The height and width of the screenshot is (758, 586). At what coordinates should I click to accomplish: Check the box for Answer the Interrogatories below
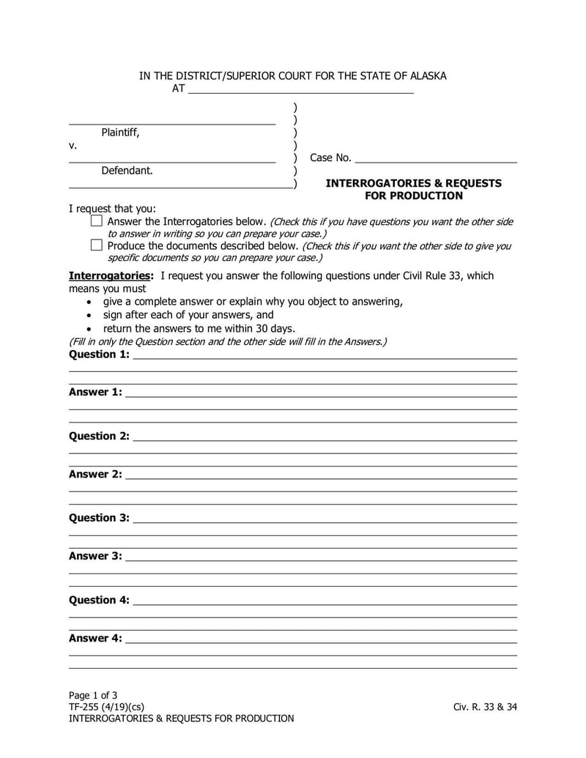(x=97, y=220)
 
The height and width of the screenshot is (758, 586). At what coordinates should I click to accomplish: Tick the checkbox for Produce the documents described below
(x=97, y=245)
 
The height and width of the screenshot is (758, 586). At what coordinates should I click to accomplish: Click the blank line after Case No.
(x=436, y=158)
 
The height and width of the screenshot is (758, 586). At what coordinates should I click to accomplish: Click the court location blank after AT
(x=300, y=89)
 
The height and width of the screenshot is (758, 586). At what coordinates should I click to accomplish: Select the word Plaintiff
(x=120, y=133)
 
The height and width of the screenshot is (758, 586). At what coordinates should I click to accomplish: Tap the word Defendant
(x=127, y=171)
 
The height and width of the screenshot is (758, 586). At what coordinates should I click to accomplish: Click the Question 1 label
(x=99, y=354)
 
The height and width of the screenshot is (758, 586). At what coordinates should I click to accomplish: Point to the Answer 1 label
(x=95, y=393)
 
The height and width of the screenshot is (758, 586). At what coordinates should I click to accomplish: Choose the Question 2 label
(x=99, y=436)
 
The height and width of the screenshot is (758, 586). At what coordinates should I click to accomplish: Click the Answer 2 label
(x=95, y=475)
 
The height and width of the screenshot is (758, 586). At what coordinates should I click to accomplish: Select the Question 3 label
(x=99, y=519)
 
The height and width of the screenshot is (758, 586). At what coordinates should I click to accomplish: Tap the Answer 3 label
(x=95, y=557)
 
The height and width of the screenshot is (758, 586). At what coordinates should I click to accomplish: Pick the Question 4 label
(x=99, y=601)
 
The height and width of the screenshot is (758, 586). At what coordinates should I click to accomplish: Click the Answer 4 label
(x=95, y=639)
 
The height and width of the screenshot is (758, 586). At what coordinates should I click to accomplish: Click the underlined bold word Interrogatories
(x=111, y=276)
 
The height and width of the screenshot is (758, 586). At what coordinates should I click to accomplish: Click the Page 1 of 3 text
(x=93, y=695)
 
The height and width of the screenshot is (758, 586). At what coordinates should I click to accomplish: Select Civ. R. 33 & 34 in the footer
(x=485, y=707)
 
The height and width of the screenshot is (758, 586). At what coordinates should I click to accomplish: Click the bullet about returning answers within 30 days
(x=199, y=328)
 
